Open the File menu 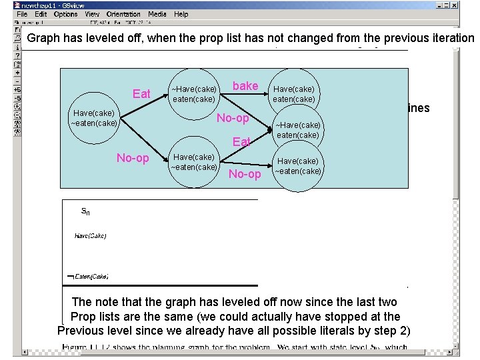(x=23, y=14)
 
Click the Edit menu (x=41, y=14)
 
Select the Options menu (x=65, y=14)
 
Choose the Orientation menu (x=123, y=14)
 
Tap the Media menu (x=157, y=14)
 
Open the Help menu (x=181, y=14)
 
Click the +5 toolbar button (x=18, y=89)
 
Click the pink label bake (x=245, y=86)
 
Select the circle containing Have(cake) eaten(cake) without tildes (x=294, y=93)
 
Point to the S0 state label (x=85, y=211)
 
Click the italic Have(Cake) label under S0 (x=90, y=235)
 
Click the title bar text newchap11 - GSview (x=57, y=4)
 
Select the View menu (x=92, y=14)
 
